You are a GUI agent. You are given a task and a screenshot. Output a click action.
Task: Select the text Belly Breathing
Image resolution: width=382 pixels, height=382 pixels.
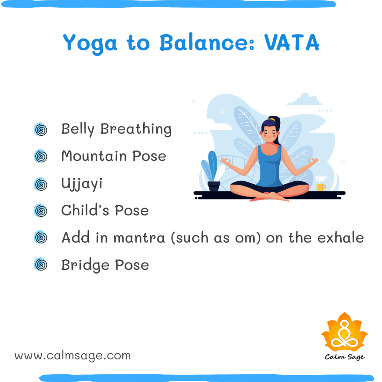(x=116, y=129)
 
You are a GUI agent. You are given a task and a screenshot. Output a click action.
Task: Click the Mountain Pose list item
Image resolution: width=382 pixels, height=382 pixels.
(x=113, y=156)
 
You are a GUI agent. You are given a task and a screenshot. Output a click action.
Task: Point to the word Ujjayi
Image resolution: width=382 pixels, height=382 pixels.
(x=82, y=184)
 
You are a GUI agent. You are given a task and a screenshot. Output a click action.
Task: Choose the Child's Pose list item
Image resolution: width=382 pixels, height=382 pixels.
(x=105, y=210)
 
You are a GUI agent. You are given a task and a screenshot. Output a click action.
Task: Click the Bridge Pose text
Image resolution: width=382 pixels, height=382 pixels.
(x=105, y=265)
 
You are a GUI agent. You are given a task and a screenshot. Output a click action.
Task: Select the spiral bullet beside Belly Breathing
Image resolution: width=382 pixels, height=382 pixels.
(x=40, y=130)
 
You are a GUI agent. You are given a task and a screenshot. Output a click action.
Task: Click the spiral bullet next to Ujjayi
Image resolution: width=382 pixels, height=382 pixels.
(x=40, y=184)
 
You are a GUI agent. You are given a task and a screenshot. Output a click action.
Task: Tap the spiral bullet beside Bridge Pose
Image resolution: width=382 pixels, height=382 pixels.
(x=40, y=265)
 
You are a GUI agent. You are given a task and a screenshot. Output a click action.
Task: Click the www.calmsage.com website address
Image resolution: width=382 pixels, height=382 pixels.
(x=73, y=356)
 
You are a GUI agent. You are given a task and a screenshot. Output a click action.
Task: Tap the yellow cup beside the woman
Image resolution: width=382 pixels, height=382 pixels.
(x=320, y=186)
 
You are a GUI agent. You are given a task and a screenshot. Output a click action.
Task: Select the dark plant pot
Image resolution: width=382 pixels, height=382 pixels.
(x=214, y=186)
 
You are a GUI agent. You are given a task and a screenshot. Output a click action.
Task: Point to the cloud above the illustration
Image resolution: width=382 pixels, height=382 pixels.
(x=305, y=100)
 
